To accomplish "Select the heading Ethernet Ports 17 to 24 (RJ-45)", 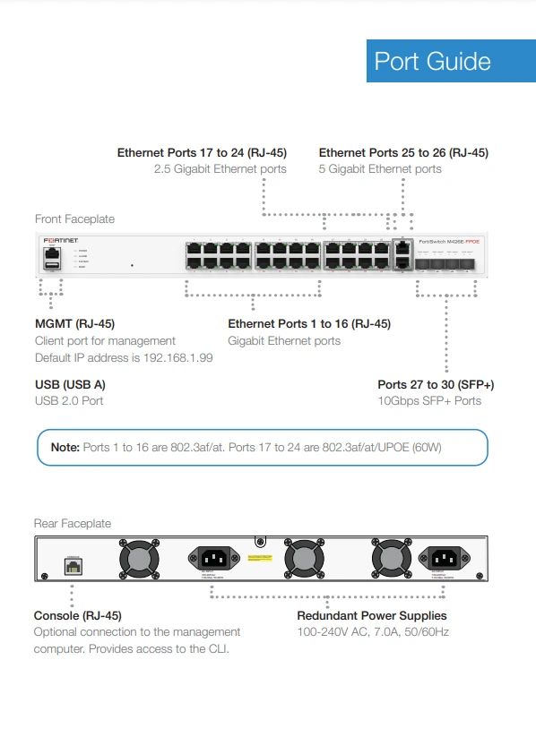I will (202, 153).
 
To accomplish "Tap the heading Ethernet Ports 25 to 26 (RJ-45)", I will (403, 153).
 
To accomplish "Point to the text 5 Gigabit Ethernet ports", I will (380, 169).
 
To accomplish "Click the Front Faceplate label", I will (74, 219).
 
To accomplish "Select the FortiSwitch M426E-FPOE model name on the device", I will (455, 242).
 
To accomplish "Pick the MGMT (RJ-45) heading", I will (74, 324).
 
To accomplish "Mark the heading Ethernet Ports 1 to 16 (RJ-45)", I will (309, 324).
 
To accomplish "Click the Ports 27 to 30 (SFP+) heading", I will (436, 384).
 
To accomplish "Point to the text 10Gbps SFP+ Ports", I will (429, 400).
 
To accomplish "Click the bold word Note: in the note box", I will (65, 447).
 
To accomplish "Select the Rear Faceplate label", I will (73, 523).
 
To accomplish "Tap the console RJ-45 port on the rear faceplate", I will (73, 566).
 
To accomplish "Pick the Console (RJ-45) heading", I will (78, 616).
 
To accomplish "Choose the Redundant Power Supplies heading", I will (372, 616).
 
